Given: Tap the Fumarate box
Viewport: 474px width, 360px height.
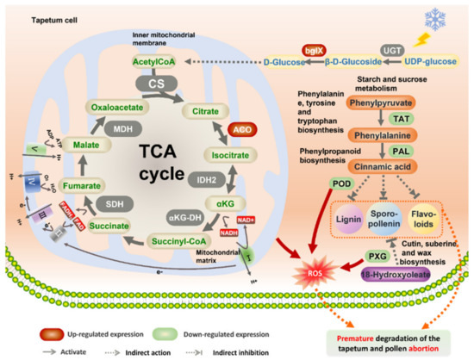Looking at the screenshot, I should coord(61,183).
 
